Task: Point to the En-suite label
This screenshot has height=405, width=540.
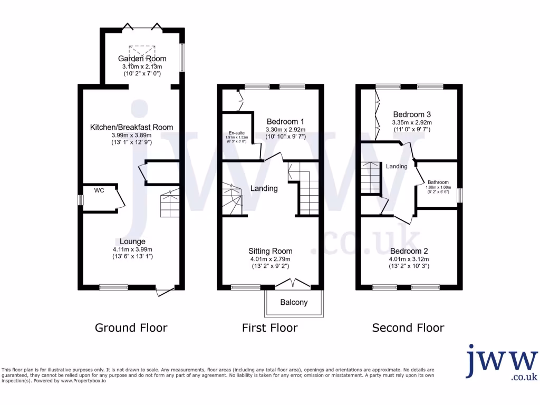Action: point(236,133)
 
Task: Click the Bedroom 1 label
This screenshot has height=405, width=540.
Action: point(285,121)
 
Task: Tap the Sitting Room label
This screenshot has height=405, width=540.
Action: point(270,251)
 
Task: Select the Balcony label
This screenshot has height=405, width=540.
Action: point(294,303)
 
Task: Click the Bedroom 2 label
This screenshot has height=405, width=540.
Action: point(409,251)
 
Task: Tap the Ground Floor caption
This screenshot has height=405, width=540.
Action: point(131,328)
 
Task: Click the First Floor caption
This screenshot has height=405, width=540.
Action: point(269,328)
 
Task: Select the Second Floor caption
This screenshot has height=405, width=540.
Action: point(408,328)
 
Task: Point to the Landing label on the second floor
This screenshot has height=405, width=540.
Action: point(397,167)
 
